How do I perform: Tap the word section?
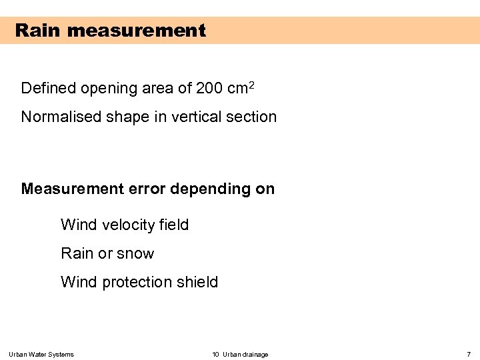pyautogui.click(x=251, y=117)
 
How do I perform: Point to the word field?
pyautogui.click(x=174, y=225)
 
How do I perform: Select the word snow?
pyautogui.click(x=136, y=254)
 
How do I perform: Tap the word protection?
pyautogui.click(x=137, y=283)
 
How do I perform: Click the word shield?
pyautogui.click(x=197, y=282)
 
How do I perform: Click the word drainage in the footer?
pyautogui.click(x=256, y=354)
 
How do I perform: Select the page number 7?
pyautogui.click(x=469, y=354)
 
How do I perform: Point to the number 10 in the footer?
pyautogui.click(x=215, y=354)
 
